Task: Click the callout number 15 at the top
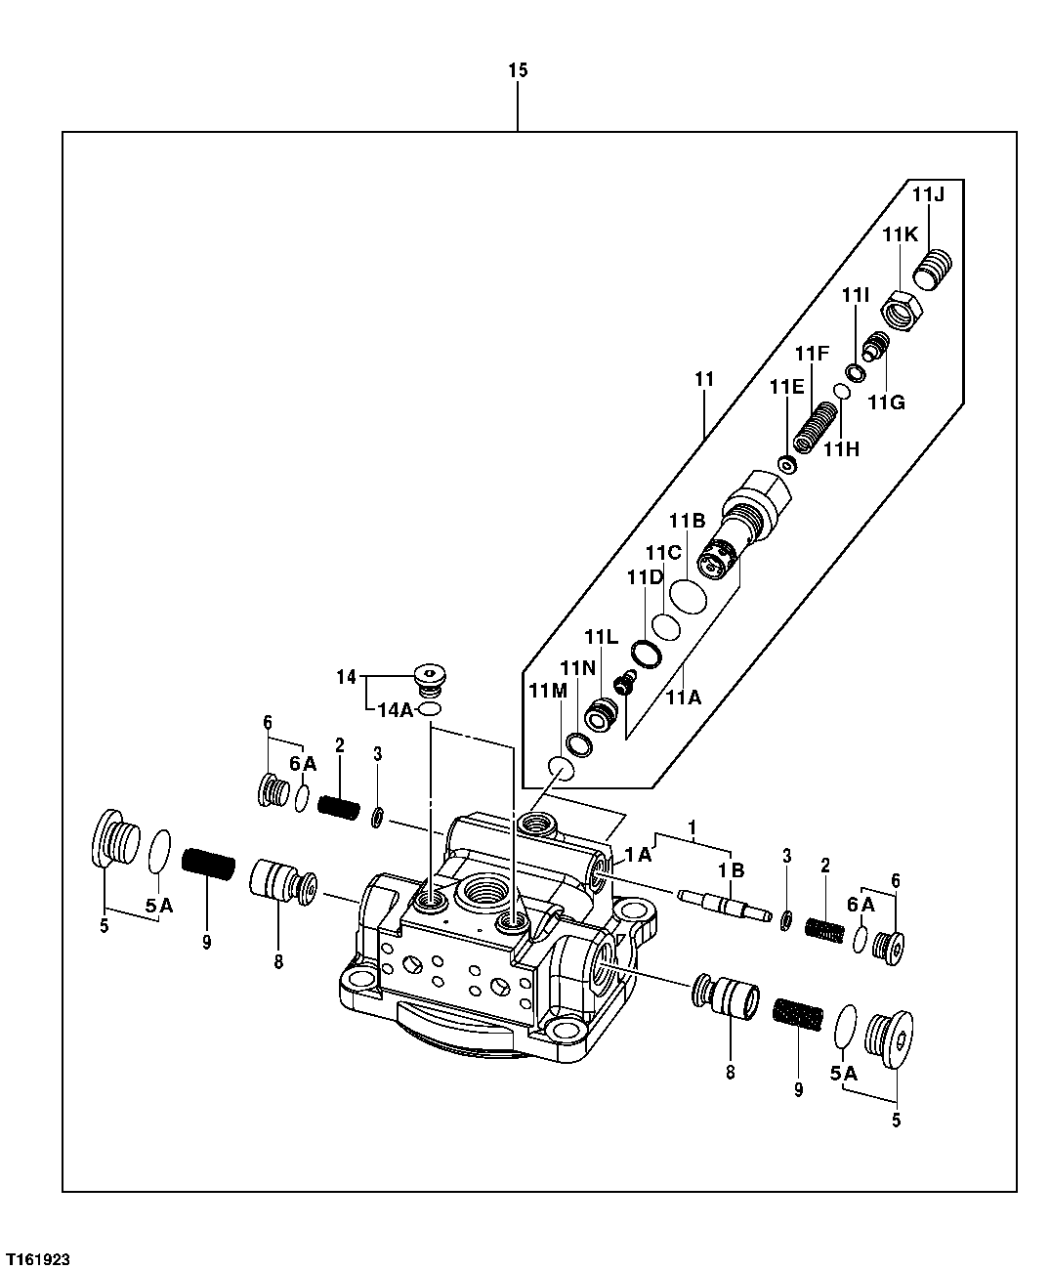[x=518, y=70]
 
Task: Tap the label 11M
[x=547, y=691]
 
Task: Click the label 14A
[x=394, y=709]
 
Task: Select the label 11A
[x=684, y=698]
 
